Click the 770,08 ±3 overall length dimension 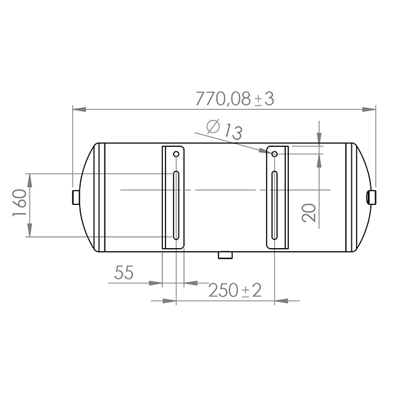tap(235, 98)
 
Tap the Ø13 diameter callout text tap(224, 130)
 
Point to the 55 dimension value tap(124, 273)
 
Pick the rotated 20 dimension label tap(310, 212)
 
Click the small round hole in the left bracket tap(176, 154)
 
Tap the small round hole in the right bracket tap(274, 153)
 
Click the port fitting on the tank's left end tap(75, 197)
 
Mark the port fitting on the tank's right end tap(372, 197)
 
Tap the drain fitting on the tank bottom tap(225, 254)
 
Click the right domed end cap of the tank tap(362, 197)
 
